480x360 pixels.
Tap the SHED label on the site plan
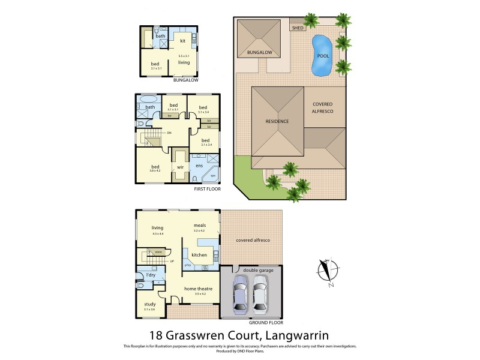297,28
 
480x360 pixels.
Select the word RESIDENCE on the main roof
277,121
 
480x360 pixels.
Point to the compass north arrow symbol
326,270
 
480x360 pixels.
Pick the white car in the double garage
260,295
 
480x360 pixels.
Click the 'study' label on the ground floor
149,304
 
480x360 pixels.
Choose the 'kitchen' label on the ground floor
199,255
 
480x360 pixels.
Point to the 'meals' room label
200,225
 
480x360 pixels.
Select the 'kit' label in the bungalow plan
183,41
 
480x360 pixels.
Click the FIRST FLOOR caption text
207,189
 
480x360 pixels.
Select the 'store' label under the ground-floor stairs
158,253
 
